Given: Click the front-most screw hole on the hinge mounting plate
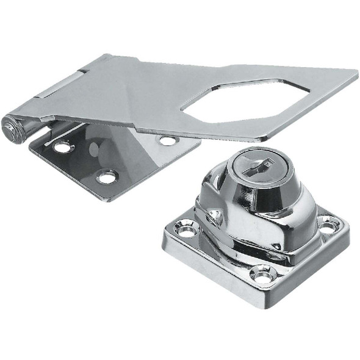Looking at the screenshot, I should [107, 177].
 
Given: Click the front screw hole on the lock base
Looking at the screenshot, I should [263, 275].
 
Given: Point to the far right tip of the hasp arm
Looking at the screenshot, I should [356, 74].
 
